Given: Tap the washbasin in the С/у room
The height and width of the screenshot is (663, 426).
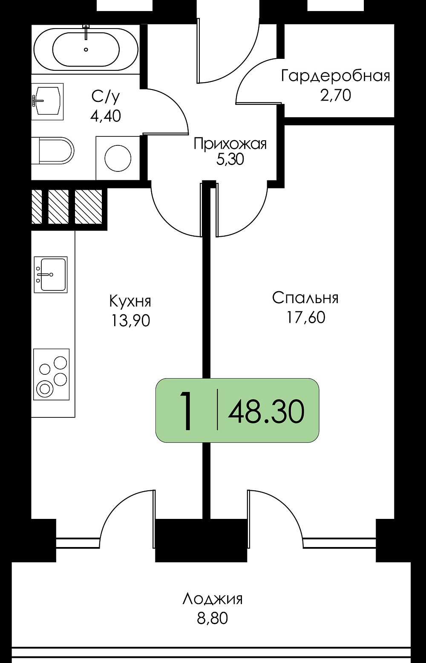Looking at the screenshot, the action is point(47,101).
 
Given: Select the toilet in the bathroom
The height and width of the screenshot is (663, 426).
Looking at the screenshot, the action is point(53,151).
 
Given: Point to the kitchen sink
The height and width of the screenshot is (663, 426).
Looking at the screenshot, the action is point(51,275).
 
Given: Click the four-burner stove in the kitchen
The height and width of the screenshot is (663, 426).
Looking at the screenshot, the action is point(51,374).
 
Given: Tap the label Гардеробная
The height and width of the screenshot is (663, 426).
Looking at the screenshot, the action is point(336,76).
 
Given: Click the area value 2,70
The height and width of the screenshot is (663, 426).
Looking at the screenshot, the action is point(336,96).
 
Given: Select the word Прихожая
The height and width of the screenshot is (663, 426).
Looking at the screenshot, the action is point(230,144).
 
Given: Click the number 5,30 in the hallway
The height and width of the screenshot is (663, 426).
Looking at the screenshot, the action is point(230,159).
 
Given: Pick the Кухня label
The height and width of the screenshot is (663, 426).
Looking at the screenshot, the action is point(130,301).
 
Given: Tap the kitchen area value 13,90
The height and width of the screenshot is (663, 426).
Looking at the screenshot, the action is point(130,320).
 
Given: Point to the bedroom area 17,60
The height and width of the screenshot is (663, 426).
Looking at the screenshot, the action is point(305,317).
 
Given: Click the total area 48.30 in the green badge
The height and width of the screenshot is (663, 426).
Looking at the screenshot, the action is point(266,411).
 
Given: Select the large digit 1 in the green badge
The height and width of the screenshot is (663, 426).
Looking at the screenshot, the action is point(186,411).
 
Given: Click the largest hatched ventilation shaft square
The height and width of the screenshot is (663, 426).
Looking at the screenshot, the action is point(88,206).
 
